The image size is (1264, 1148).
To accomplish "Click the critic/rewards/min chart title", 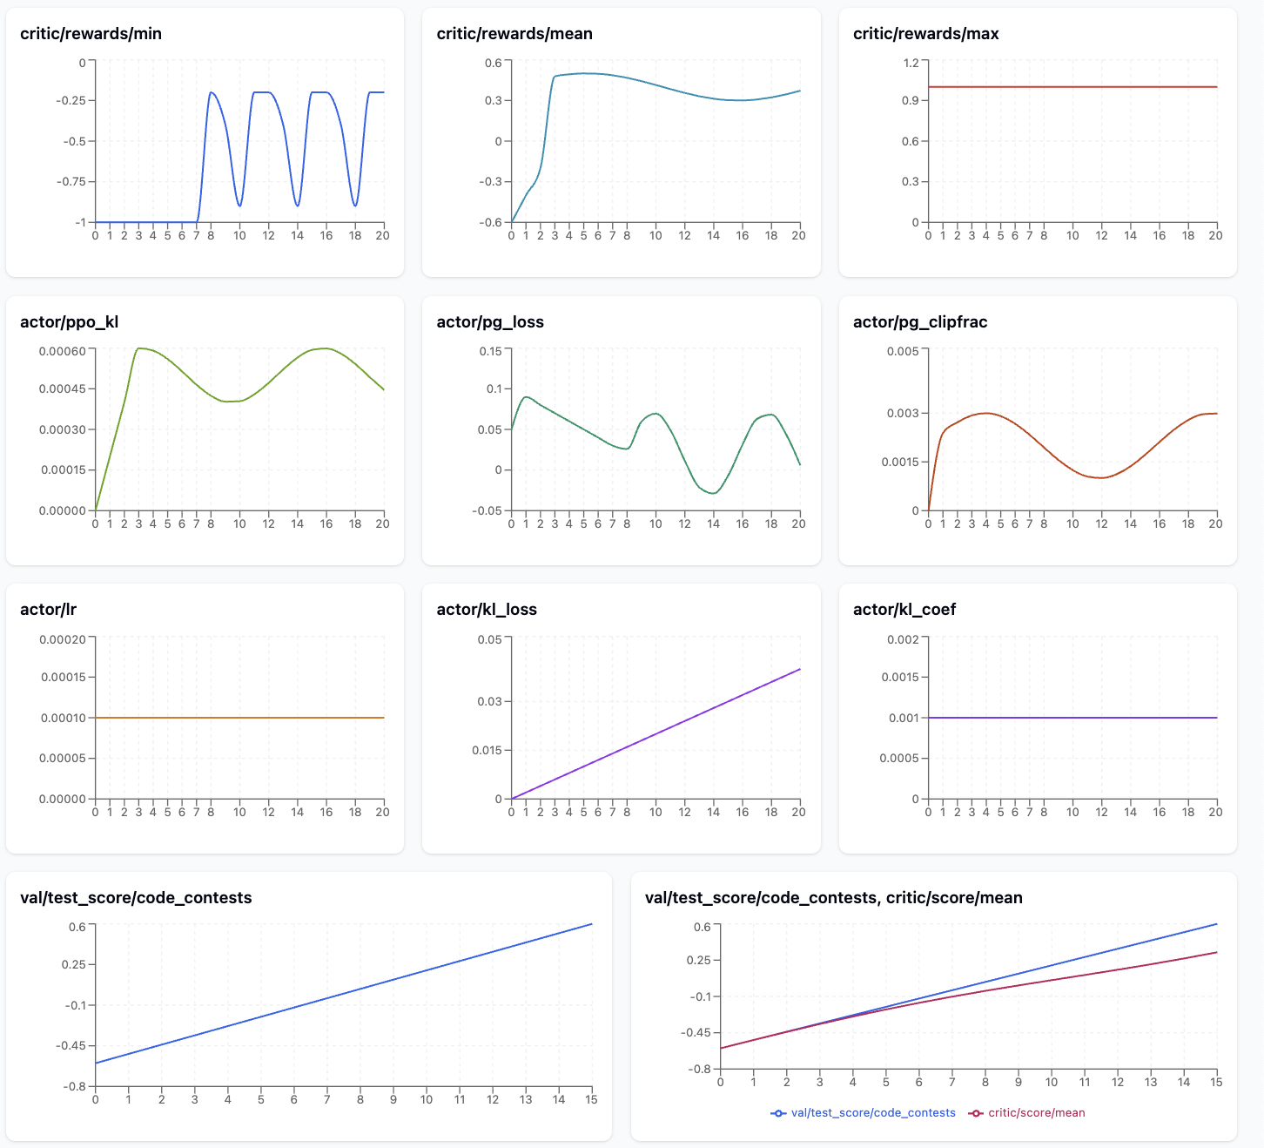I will point(91,34).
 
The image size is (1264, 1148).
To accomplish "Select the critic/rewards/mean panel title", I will point(514,34).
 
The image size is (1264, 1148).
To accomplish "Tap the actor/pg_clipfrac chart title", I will point(920,322).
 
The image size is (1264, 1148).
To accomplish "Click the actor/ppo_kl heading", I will point(69,322).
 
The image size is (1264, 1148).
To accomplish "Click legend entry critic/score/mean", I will point(1036,1113).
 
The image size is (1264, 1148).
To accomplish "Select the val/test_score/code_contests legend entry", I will point(872,1113).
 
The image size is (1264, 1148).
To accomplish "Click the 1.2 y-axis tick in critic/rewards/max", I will point(911,63).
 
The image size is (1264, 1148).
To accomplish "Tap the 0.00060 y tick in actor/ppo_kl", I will point(62,351).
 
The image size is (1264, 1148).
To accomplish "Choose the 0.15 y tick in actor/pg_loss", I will point(490,351).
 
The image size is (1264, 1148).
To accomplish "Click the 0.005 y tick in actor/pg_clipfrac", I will point(902,351).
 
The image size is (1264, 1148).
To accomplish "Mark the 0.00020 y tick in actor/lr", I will point(62,639).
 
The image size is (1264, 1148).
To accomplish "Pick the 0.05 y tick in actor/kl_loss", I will point(489,639).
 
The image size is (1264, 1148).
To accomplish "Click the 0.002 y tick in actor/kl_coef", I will point(902,639).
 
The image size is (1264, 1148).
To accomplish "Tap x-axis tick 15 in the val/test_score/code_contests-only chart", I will point(591,1100).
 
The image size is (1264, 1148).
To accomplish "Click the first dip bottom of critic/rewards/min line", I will point(239,206).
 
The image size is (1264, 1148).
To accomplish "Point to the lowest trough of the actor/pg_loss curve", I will point(713,493).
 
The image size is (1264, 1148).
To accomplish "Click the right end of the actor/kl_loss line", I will point(799,669).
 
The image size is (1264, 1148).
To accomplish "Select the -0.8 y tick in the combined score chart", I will point(700,1069).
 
